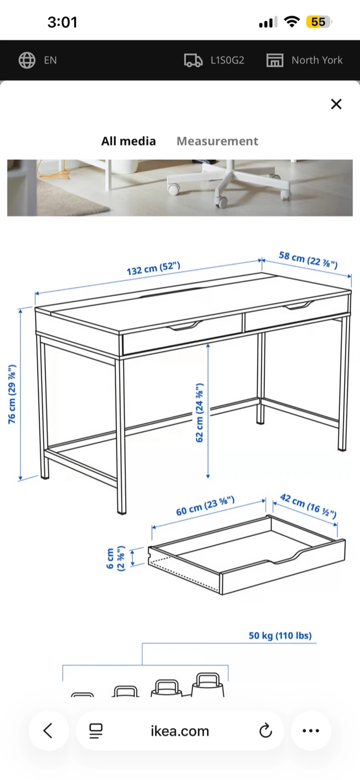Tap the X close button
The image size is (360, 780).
(336, 104)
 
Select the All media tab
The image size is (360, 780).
(128, 141)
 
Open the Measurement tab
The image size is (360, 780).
(217, 141)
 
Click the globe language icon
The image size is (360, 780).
(27, 60)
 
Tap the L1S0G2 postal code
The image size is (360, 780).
(227, 60)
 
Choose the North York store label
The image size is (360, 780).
(317, 60)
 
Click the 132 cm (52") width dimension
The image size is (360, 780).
(154, 269)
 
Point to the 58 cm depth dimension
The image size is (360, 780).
(308, 260)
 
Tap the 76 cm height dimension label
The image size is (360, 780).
(12, 394)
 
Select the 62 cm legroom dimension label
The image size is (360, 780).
(199, 413)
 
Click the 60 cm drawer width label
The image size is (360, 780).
(205, 506)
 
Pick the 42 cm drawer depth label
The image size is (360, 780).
(308, 505)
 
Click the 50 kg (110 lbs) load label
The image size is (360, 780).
(280, 635)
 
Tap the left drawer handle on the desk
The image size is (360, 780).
(184, 326)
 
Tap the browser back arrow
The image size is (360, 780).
(48, 730)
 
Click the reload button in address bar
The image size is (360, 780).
(266, 731)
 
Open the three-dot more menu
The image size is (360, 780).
(311, 731)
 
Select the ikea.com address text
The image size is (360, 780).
(180, 731)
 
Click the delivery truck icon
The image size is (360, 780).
(193, 60)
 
